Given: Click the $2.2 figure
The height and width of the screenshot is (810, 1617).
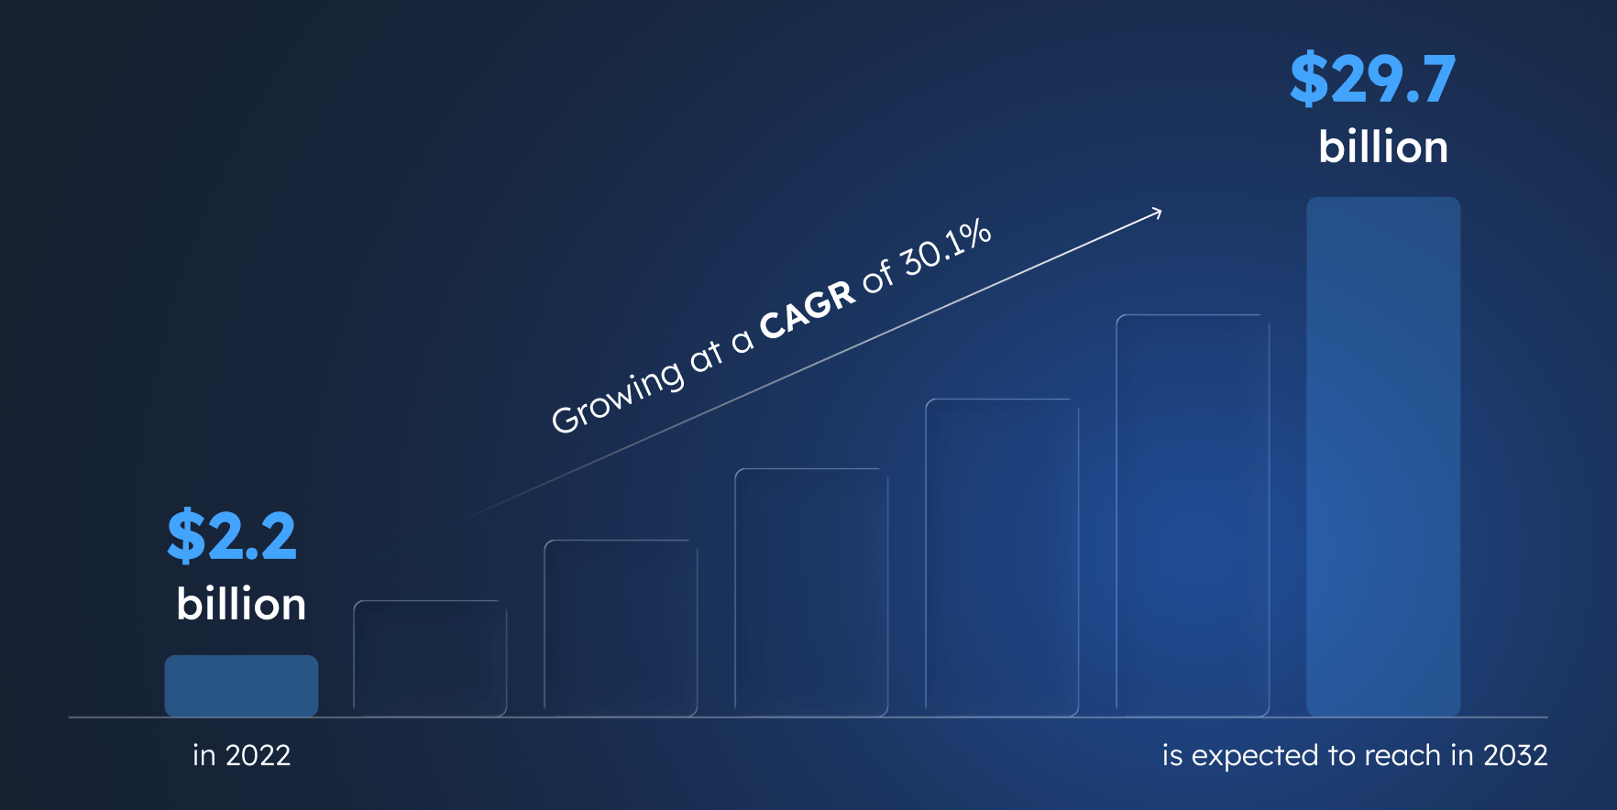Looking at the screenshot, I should pyautogui.click(x=232, y=536).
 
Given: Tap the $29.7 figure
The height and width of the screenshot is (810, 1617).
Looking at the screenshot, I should pyautogui.click(x=1372, y=80).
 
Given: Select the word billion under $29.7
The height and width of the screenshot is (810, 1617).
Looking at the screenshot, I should pyautogui.click(x=1383, y=148).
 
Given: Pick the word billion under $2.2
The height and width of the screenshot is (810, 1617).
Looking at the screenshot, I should pyautogui.click(x=241, y=605).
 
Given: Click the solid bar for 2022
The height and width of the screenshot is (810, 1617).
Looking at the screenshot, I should pyautogui.click(x=241, y=685).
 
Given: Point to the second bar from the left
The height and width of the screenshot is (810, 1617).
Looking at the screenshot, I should pyautogui.click(x=430, y=658).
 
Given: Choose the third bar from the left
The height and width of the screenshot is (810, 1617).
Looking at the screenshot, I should pyautogui.click(x=621, y=628).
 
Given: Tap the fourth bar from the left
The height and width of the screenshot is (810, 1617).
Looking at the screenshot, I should pyautogui.click(x=811, y=592).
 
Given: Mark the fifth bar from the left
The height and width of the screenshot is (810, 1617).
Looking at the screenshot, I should pyautogui.click(x=1002, y=557).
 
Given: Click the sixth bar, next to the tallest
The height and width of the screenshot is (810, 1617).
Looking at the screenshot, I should pyautogui.click(x=1193, y=515).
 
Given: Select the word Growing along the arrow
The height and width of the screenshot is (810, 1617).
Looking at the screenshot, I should pyautogui.click(x=617, y=397).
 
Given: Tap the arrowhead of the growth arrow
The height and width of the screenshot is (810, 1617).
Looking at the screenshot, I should pyautogui.click(x=1158, y=213).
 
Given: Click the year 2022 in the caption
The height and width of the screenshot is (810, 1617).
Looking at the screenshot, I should pyautogui.click(x=258, y=755).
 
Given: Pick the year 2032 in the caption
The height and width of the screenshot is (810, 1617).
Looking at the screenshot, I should pyautogui.click(x=1515, y=755).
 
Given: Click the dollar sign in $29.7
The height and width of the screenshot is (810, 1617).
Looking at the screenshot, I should pyautogui.click(x=1308, y=80).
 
